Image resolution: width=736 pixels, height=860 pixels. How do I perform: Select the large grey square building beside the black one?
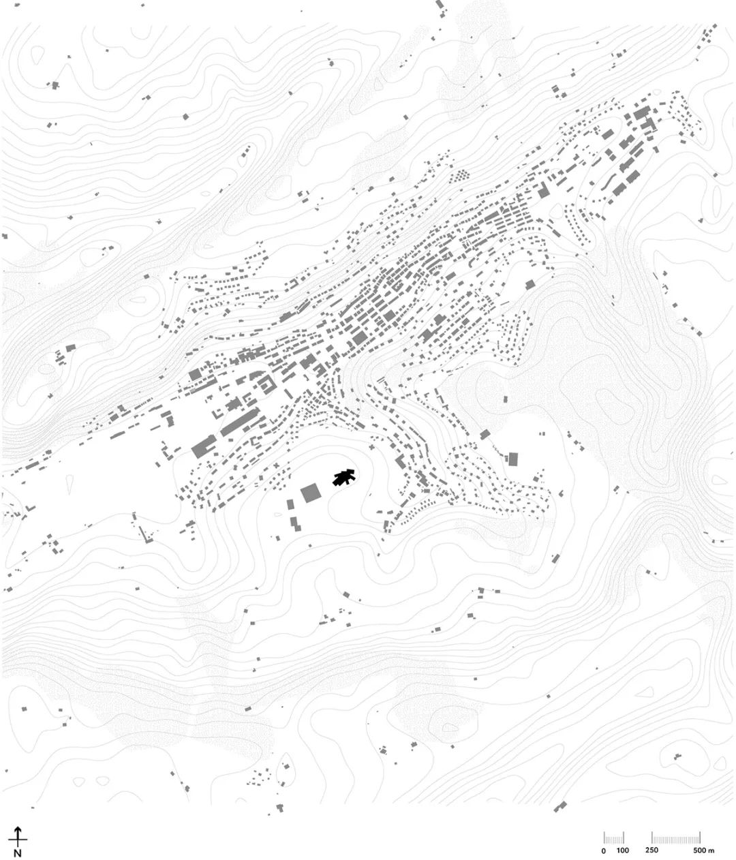click(311, 492)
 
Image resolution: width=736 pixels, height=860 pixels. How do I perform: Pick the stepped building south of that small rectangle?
click(295, 523)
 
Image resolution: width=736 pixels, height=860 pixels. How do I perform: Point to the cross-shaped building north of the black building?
click(370, 447)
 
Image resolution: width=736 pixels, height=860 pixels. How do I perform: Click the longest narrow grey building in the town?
click(239, 423)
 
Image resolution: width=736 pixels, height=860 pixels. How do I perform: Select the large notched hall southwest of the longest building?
click(203, 448)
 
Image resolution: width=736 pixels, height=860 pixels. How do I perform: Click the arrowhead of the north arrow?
click(18, 830)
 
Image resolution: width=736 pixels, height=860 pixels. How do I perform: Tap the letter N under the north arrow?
click(18, 853)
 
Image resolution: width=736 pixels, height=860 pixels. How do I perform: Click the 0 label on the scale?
click(604, 851)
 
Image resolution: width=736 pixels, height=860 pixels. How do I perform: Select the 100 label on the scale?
click(622, 851)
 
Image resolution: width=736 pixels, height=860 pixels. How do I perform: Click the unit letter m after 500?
click(711, 851)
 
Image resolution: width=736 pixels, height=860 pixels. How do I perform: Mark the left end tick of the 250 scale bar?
click(652, 838)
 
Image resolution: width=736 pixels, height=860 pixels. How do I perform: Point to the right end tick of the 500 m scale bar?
click(701, 838)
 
